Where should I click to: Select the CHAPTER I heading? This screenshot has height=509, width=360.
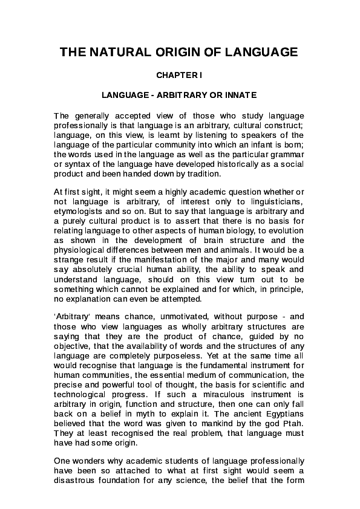180,77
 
